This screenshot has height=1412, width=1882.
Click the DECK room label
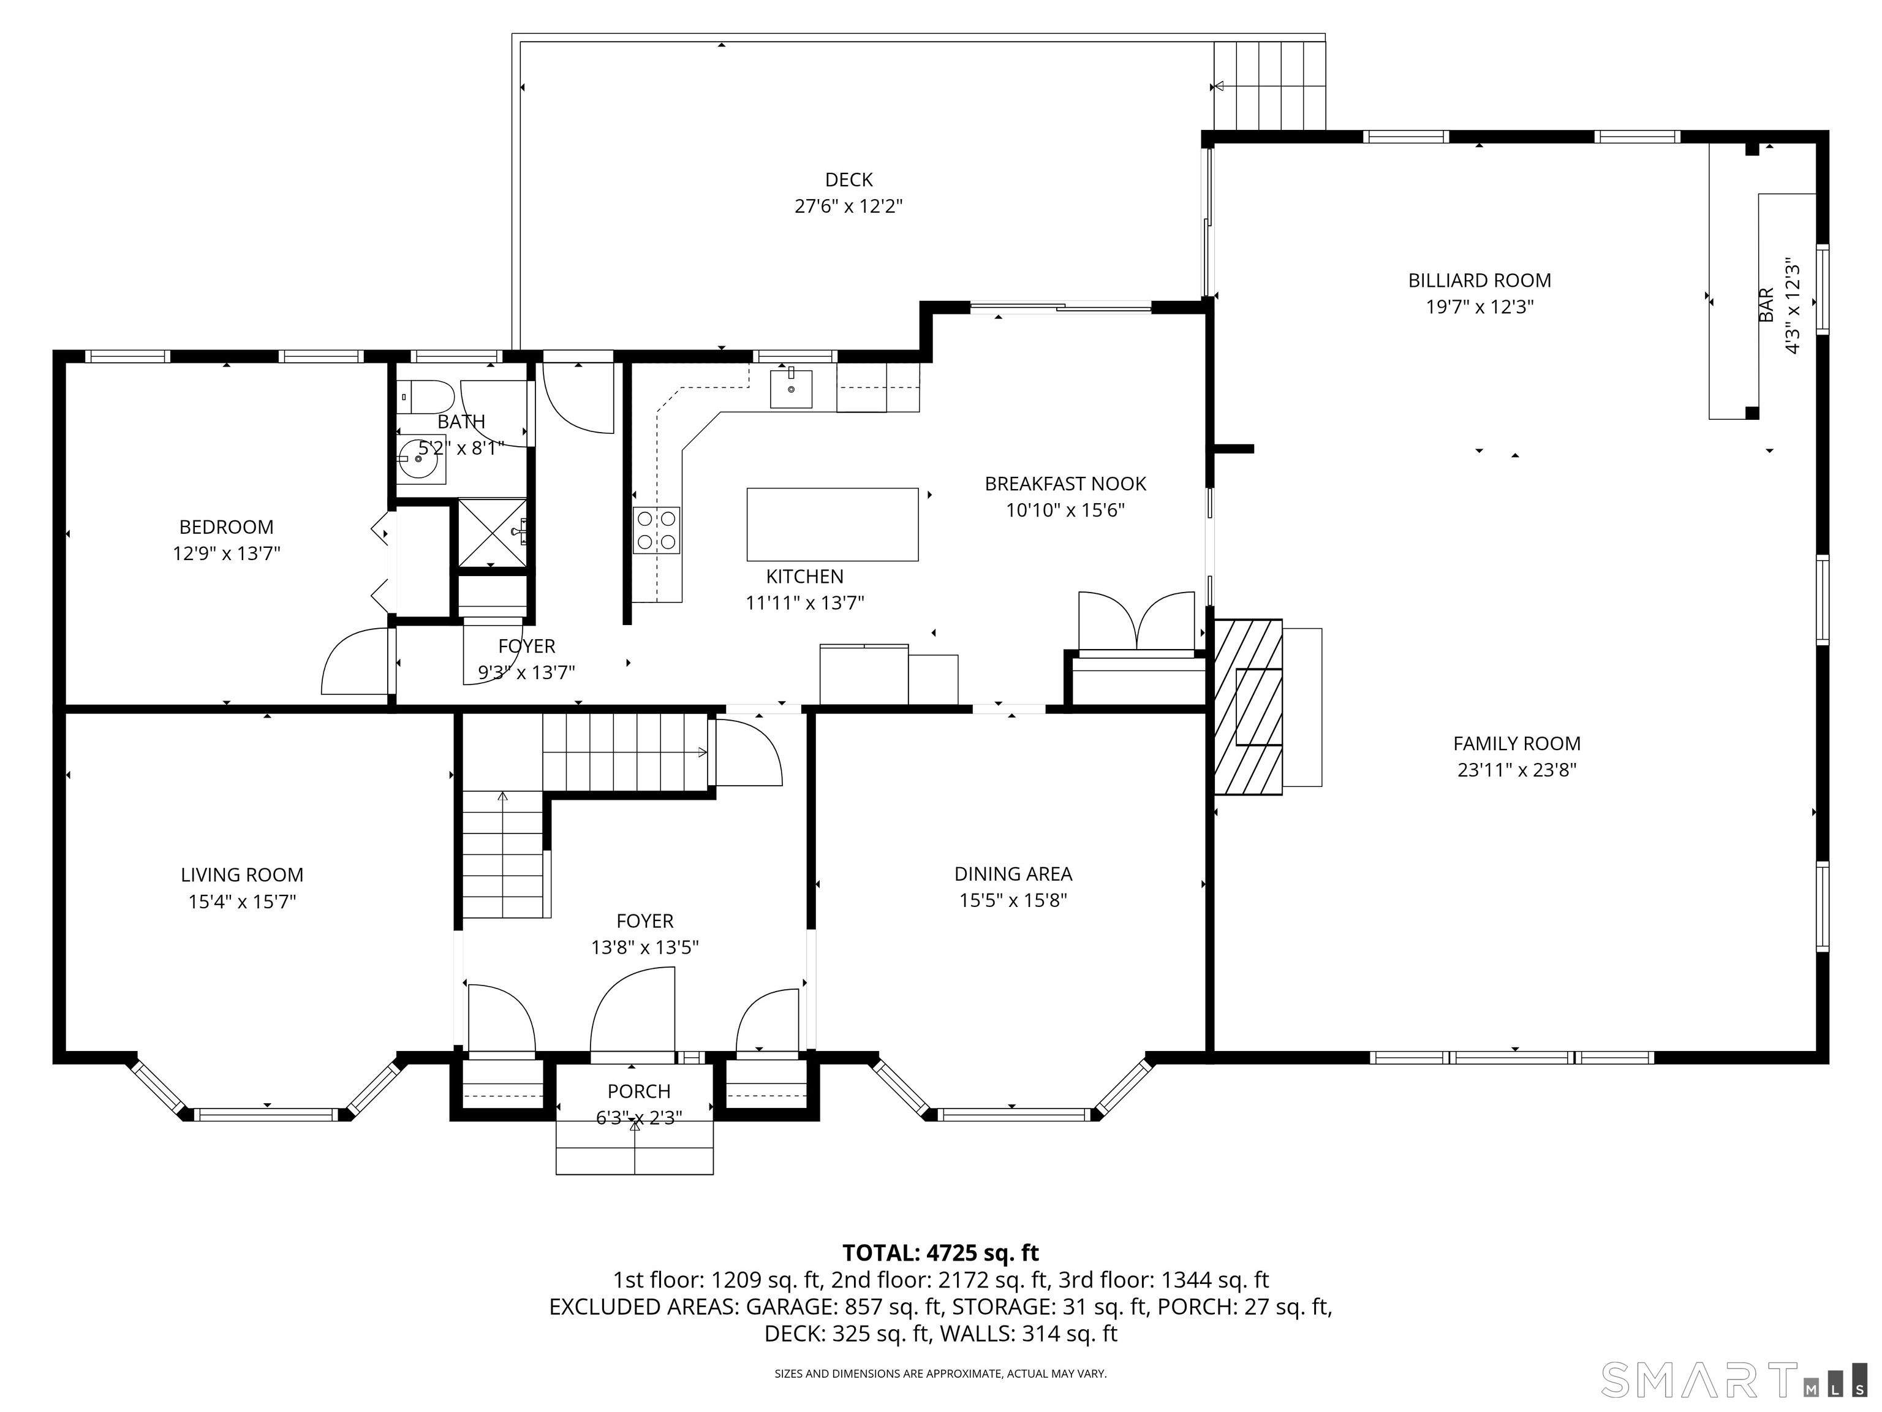848,180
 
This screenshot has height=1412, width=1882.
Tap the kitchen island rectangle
832,524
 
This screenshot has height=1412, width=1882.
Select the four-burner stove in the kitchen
656,529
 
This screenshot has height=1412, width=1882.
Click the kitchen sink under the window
790,389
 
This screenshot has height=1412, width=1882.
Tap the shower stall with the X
492,533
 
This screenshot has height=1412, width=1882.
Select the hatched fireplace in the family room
1247,707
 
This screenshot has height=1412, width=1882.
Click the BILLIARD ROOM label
1479,280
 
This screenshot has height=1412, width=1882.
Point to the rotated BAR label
1766,305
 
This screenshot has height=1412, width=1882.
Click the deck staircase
1269,85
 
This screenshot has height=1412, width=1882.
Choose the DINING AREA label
1013,873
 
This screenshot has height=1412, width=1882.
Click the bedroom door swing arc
355,661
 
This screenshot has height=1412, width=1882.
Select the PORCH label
638,1091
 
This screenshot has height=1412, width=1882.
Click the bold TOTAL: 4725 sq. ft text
940,1253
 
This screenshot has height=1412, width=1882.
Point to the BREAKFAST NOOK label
1065,484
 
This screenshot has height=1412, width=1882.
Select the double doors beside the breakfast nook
1136,622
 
